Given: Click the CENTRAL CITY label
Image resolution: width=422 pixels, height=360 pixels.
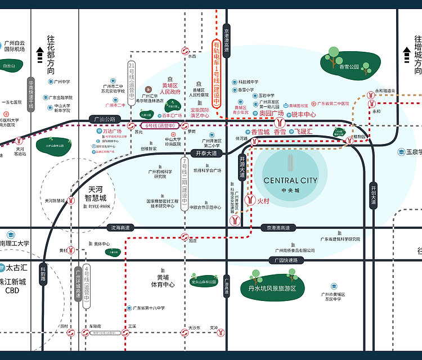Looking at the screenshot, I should tap(290, 181).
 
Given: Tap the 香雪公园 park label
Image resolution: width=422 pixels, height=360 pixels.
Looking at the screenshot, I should tap(349, 66).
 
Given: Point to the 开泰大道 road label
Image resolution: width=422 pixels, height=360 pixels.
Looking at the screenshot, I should tap(206, 152).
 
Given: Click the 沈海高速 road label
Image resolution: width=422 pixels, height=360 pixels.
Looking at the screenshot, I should tap(120, 227).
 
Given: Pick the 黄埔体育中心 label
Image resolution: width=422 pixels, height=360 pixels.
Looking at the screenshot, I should tap(163, 281).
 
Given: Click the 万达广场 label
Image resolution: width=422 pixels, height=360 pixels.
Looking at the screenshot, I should tap(112, 131).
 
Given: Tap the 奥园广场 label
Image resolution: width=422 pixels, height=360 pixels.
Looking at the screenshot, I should tap(271, 114).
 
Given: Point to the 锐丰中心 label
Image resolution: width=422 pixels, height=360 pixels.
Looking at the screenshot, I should tap(304, 114).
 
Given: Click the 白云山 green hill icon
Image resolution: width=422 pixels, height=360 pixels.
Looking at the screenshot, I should tap(9, 66).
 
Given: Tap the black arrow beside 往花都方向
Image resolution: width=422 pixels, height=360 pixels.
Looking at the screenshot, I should tap(40, 56).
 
